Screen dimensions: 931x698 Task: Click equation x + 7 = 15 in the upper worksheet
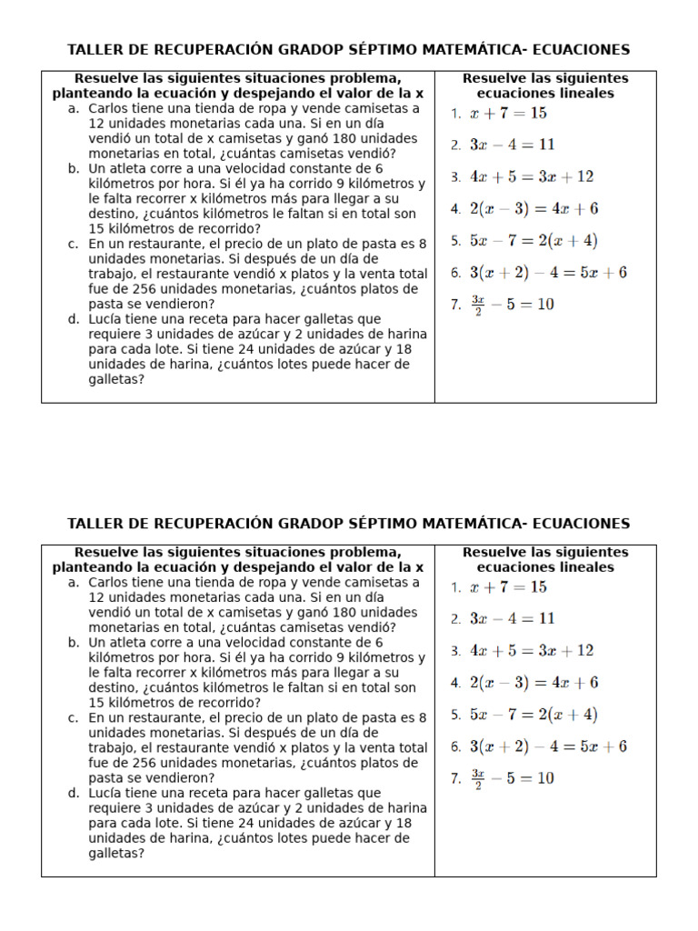(508, 114)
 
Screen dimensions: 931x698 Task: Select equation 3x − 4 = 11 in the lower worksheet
(512, 619)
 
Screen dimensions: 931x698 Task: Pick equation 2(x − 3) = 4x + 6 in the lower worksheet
(533, 683)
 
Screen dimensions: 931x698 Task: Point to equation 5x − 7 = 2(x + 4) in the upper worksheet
(533, 241)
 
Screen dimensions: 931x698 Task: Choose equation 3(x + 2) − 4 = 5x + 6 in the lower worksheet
(548, 747)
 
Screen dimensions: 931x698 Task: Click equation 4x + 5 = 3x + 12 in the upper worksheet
(531, 176)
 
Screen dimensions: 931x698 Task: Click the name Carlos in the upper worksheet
(110, 108)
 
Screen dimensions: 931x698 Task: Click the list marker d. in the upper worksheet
(74, 320)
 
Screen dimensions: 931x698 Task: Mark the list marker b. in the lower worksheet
(74, 643)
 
